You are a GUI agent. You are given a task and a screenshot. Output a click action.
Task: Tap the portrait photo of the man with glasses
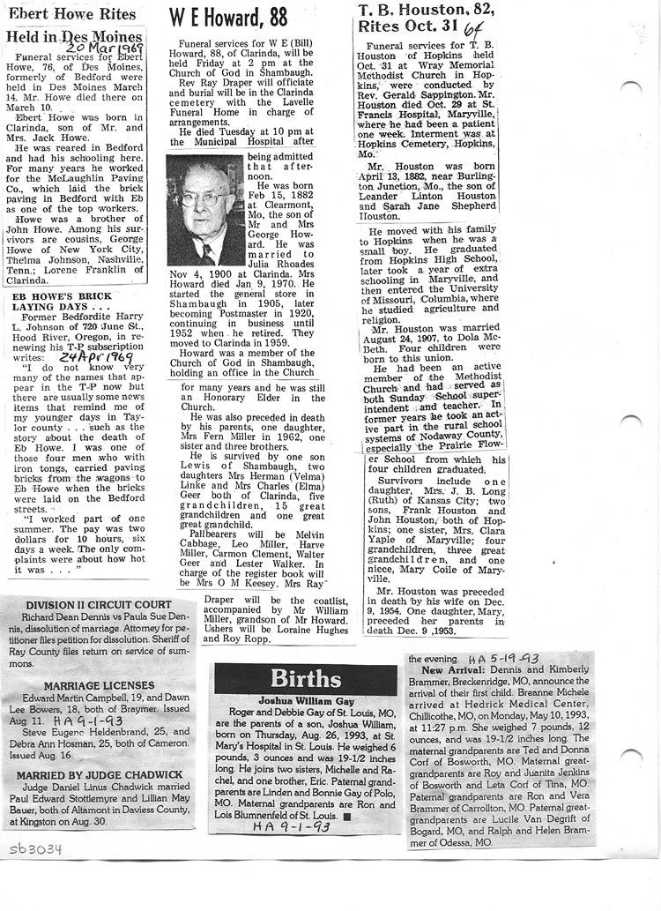[204, 210]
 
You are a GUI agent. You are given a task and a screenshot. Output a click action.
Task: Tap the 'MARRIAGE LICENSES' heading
[99, 684]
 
